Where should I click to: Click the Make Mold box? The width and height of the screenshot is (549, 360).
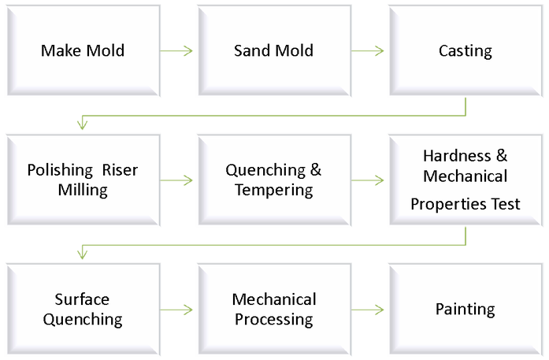(x=83, y=51)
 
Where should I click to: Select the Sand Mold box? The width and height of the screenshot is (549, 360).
(x=273, y=51)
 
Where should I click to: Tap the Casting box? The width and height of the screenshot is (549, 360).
(x=465, y=51)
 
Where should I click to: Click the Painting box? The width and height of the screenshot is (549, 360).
(x=465, y=309)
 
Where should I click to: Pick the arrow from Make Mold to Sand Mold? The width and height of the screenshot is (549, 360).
(x=176, y=51)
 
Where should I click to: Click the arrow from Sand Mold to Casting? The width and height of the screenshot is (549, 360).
(x=368, y=51)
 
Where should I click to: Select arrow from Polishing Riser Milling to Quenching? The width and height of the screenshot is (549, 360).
(x=176, y=180)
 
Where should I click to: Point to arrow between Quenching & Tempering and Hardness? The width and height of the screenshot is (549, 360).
(x=368, y=180)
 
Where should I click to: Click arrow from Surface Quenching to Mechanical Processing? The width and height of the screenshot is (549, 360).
(x=176, y=310)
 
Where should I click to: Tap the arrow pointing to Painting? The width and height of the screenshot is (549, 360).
(x=368, y=310)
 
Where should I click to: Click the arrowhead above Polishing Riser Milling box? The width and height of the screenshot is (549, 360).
(x=82, y=122)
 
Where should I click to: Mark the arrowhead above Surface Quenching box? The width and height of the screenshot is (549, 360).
(x=82, y=251)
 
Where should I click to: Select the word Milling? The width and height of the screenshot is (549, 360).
(x=83, y=190)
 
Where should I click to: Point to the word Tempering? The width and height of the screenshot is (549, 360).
(x=273, y=190)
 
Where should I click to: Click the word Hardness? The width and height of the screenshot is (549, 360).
(x=457, y=155)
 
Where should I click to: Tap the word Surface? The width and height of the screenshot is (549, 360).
(x=82, y=299)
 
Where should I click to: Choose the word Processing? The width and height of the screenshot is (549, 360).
(x=273, y=319)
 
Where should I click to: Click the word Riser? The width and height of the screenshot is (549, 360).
(x=120, y=170)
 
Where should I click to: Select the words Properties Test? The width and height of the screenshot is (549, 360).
(x=465, y=204)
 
